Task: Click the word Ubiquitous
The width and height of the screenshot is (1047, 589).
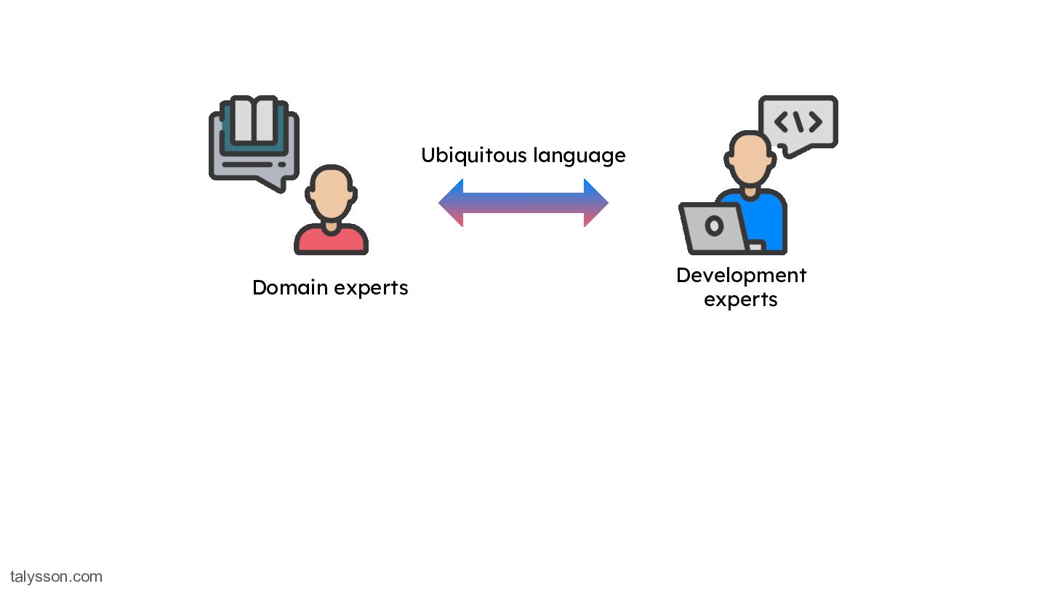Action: pos(474,156)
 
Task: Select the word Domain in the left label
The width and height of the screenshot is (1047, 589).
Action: pos(290,287)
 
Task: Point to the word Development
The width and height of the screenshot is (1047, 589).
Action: pos(742,276)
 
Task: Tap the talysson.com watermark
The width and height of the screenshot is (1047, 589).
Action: pos(56,577)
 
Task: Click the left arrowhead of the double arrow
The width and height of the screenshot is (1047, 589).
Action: pos(451,203)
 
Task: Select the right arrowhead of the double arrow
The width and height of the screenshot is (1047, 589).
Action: pos(596,203)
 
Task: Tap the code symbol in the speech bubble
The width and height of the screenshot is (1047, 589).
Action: pos(798,122)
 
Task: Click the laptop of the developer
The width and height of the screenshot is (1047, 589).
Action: pos(714,228)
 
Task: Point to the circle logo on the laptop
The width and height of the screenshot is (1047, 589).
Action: pos(714,226)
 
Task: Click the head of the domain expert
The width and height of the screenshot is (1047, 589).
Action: pos(331,193)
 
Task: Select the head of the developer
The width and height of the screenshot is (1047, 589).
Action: pos(750,158)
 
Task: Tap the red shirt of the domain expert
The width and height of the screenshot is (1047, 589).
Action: pos(331,240)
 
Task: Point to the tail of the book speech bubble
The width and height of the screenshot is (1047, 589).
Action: pos(274,184)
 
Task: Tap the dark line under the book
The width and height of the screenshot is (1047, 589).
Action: pos(247,164)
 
